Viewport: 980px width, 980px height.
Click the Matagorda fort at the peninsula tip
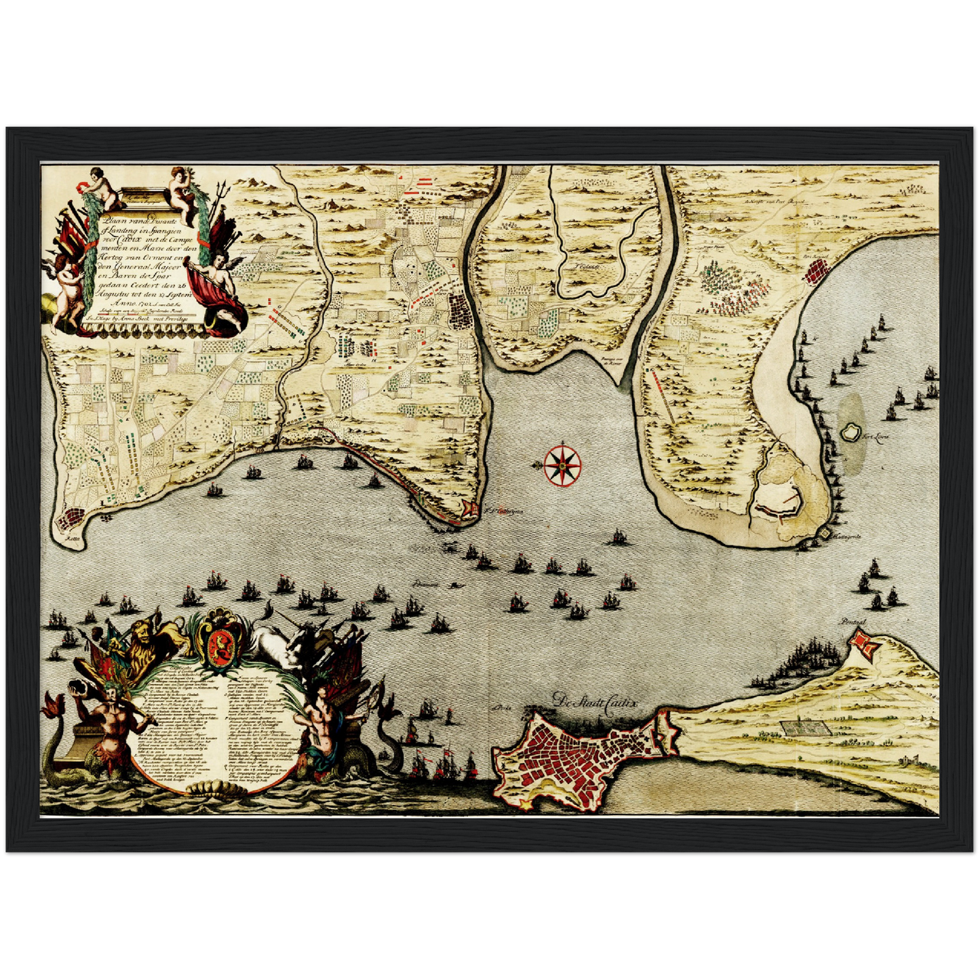(825, 535)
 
